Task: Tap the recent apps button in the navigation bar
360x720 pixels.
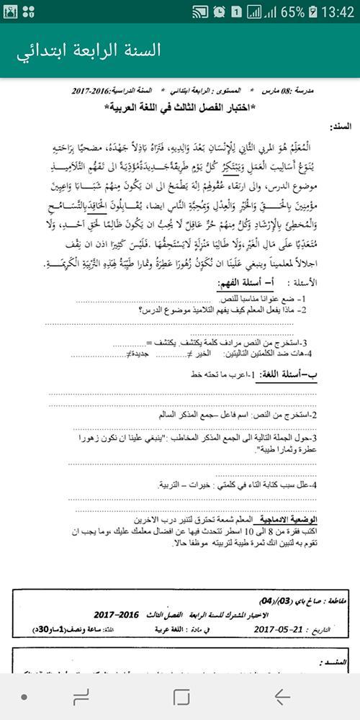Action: [x=81, y=696]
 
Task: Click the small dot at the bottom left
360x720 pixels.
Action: [x=24, y=696]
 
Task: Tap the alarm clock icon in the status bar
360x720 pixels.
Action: [x=219, y=12]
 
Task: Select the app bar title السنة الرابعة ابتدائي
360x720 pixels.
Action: [x=89, y=50]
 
